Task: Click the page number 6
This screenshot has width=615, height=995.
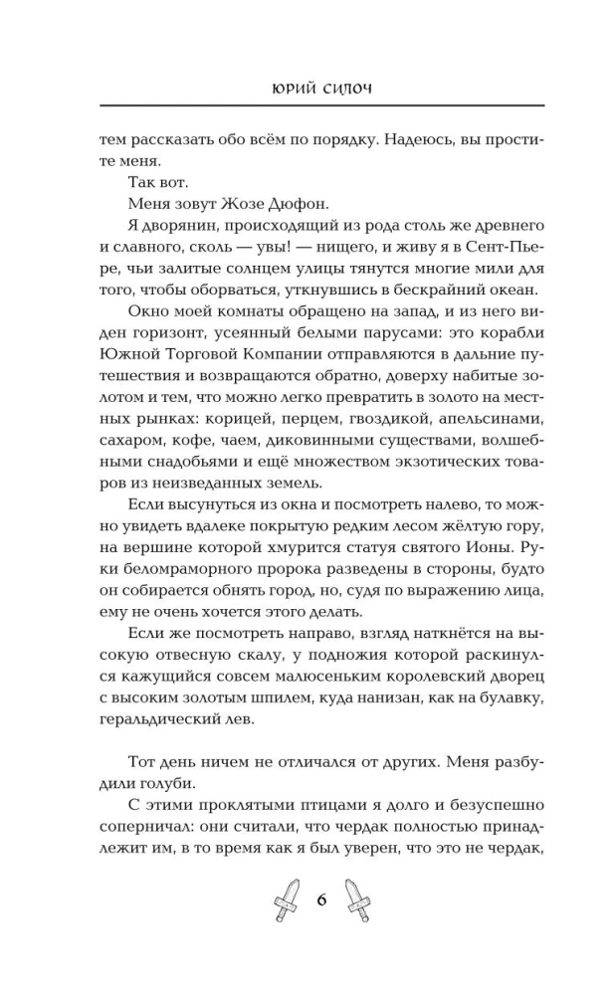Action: [321, 898]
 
